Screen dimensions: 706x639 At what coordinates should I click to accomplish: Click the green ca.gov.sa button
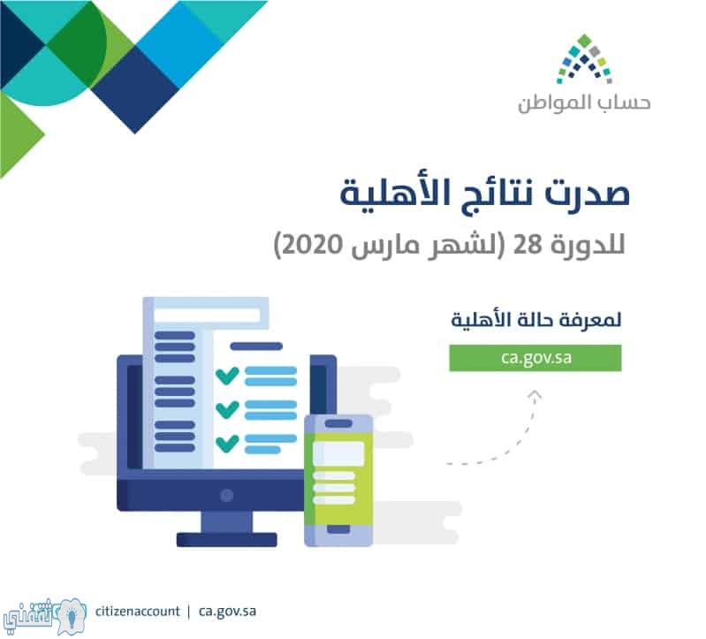pyautogui.click(x=535, y=358)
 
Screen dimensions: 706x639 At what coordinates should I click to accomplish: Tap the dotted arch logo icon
pyautogui.click(x=584, y=59)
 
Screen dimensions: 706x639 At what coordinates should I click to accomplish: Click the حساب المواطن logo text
pyautogui.click(x=584, y=103)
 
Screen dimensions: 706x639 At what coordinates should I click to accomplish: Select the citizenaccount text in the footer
pyautogui.click(x=137, y=612)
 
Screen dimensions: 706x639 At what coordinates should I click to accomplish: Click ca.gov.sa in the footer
pyautogui.click(x=227, y=612)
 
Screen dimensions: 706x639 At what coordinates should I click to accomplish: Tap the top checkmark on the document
pyautogui.click(x=227, y=376)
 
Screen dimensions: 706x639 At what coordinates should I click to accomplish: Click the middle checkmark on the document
pyautogui.click(x=227, y=409)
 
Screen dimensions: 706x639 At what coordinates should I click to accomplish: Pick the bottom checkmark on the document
pyautogui.click(x=227, y=443)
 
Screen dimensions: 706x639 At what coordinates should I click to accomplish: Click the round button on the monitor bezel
pyautogui.click(x=226, y=495)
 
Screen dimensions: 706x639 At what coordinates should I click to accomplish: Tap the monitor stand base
pyautogui.click(x=226, y=539)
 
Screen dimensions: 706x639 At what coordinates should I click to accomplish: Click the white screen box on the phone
pyautogui.click(x=338, y=453)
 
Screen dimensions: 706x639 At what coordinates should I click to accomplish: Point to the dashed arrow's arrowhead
pyautogui.click(x=535, y=395)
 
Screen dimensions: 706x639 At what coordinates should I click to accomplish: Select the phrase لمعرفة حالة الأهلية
pyautogui.click(x=535, y=321)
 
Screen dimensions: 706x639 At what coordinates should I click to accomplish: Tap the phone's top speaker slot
pyautogui.click(x=338, y=423)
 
